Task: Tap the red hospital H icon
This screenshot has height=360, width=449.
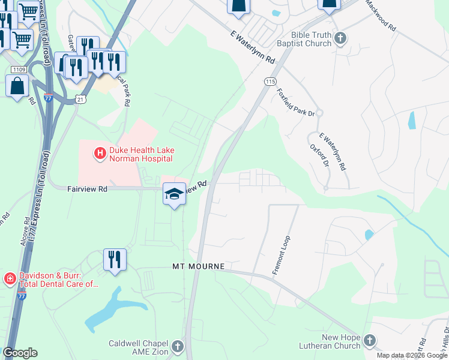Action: point(100,154)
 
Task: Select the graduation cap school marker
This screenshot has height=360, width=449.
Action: point(174,194)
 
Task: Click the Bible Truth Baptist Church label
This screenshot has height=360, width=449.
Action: point(304,40)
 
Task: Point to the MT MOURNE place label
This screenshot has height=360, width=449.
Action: point(198,266)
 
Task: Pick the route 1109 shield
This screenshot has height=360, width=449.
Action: point(17,70)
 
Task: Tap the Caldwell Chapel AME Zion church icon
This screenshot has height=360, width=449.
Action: point(177,346)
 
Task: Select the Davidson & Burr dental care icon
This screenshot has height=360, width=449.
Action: point(10,278)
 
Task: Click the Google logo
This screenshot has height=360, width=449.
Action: point(20,353)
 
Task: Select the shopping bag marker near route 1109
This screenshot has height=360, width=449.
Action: point(17,86)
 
